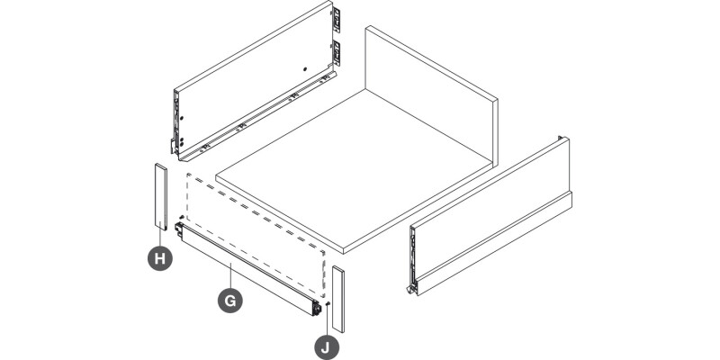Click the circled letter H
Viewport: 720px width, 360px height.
pyautogui.click(x=160, y=258)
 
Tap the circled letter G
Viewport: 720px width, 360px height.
pyautogui.click(x=230, y=301)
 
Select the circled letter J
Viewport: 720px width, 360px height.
pyautogui.click(x=327, y=347)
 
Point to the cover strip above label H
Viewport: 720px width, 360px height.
pyautogui.click(x=161, y=196)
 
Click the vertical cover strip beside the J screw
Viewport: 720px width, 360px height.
pyautogui.click(x=338, y=299)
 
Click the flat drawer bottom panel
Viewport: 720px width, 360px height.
pyautogui.click(x=354, y=171)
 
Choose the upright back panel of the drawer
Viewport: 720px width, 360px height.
pyautogui.click(x=432, y=94)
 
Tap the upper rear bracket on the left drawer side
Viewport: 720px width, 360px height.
pyautogui.click(x=337, y=20)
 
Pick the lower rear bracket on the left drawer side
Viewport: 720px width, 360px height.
pyautogui.click(x=337, y=53)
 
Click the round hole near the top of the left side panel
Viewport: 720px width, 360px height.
pyautogui.click(x=305, y=69)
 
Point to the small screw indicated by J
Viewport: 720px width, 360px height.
pyautogui.click(x=327, y=303)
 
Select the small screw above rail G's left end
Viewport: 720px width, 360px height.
pyautogui.click(x=182, y=217)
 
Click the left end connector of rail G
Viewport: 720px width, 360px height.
pyautogui.click(x=179, y=229)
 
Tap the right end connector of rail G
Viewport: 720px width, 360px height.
pyautogui.click(x=316, y=308)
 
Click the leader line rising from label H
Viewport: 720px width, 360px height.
pyautogui.click(x=160, y=237)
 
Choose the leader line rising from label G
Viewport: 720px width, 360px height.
pyautogui.click(x=230, y=276)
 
